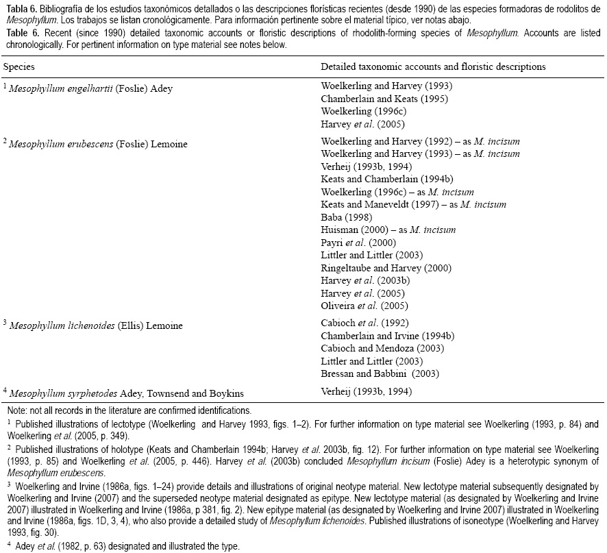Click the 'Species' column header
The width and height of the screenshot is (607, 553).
pyautogui.click(x=19, y=67)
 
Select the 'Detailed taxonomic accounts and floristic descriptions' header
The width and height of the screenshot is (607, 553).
pyautogui.click(x=433, y=67)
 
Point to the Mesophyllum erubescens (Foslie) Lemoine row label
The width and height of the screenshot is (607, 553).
pyautogui.click(x=99, y=144)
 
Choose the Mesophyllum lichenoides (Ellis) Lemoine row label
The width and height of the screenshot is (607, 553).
pyautogui.click(x=96, y=325)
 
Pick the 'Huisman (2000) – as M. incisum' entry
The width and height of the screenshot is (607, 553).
pyautogui.click(x=388, y=230)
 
